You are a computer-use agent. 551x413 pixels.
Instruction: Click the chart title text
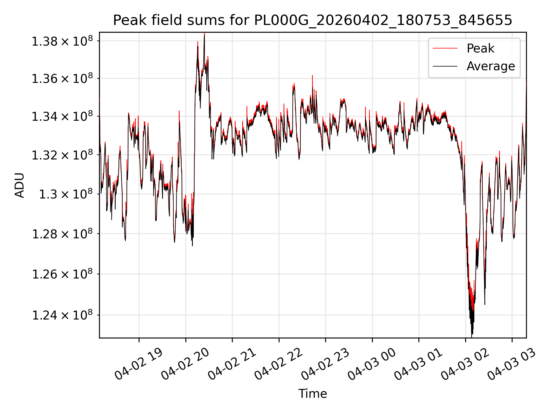tap(313, 20)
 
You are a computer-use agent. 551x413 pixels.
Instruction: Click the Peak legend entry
tap(480, 48)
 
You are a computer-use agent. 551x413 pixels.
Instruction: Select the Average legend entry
tap(491, 66)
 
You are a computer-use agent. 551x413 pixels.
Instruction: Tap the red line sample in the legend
tap(445, 48)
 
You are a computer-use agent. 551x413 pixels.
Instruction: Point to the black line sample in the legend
tap(445, 66)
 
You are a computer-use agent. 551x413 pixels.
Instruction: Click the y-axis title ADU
tap(20, 185)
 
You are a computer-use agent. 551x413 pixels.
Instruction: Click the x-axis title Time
tap(313, 394)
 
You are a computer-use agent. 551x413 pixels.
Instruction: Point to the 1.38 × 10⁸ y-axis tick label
tap(62, 41)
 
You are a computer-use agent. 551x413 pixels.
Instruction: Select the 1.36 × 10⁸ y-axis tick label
tap(62, 78)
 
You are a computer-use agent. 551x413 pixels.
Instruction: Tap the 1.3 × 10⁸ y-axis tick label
tap(66, 194)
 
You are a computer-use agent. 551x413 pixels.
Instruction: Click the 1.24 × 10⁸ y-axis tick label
tap(62, 315)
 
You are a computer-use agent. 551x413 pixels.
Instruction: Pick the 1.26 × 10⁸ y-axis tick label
tap(62, 274)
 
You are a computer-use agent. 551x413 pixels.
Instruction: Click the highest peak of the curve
tap(204, 33)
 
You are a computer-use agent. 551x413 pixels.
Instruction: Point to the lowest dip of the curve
tap(472, 334)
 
